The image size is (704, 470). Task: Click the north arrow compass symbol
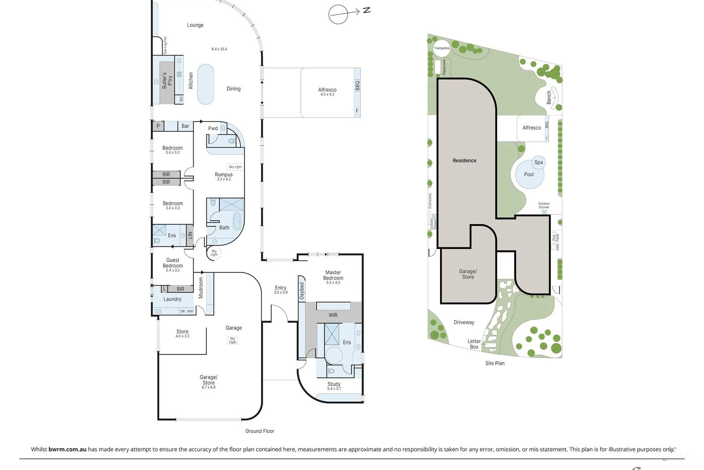pyautogui.click(x=339, y=14)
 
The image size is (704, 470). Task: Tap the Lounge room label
pyautogui.click(x=195, y=25)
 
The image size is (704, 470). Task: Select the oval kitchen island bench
pyautogui.click(x=205, y=84)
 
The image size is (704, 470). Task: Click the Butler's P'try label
pyautogui.click(x=167, y=80)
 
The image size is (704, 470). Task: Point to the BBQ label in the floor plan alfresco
pyautogui.click(x=357, y=85)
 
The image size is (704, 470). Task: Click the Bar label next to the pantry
pyautogui.click(x=185, y=126)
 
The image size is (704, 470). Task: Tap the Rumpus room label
pyautogui.click(x=224, y=174)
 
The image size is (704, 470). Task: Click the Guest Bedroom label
pyautogui.click(x=172, y=263)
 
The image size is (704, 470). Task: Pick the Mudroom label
pyautogui.click(x=201, y=288)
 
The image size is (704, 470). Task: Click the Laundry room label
pyautogui.click(x=172, y=299)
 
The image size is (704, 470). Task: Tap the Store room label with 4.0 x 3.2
pyautogui.click(x=182, y=332)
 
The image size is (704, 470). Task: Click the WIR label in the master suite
pyautogui.click(x=333, y=315)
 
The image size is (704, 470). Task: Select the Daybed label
pyautogui.click(x=302, y=291)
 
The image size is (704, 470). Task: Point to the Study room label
pyautogui.click(x=334, y=384)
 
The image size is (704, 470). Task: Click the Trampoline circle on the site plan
pyautogui.click(x=442, y=48)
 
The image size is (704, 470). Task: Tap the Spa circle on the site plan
pyautogui.click(x=539, y=162)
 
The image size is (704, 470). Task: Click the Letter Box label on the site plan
pyautogui.click(x=474, y=344)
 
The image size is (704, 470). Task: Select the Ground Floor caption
pyautogui.click(x=260, y=431)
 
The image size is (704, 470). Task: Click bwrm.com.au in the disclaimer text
pyautogui.click(x=67, y=449)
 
